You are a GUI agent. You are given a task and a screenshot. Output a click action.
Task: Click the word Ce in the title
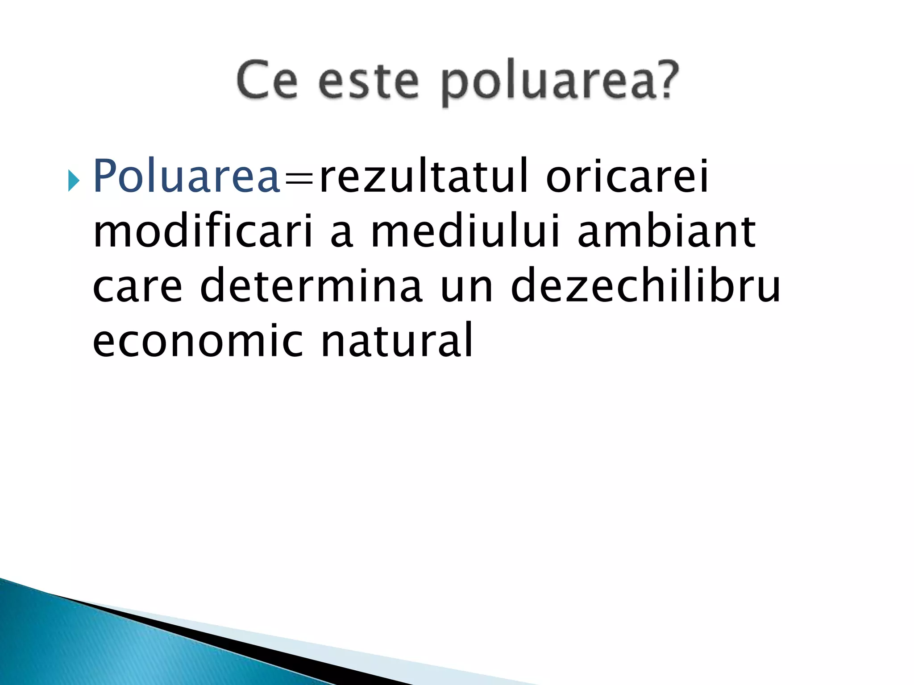(267, 80)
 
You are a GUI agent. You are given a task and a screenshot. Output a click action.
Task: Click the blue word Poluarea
(187, 177)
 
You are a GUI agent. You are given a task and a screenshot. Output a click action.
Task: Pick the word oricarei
(627, 177)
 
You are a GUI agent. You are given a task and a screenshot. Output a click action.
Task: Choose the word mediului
(465, 232)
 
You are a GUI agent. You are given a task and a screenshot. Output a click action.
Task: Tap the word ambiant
(666, 232)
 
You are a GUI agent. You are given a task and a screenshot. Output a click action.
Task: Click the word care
(137, 287)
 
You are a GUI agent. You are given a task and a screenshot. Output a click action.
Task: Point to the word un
(466, 287)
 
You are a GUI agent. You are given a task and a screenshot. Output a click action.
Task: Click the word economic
(198, 341)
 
